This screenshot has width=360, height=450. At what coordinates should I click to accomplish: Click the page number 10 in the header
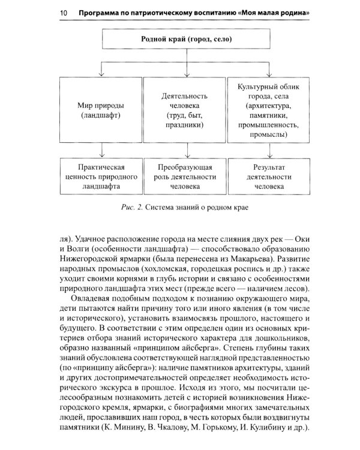point(64,13)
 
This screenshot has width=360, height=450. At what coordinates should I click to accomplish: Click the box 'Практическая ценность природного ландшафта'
point(101,176)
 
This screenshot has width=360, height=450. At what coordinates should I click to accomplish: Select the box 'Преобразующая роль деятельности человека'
point(185,176)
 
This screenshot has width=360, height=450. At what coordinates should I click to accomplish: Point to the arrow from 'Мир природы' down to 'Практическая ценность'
point(101,150)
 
